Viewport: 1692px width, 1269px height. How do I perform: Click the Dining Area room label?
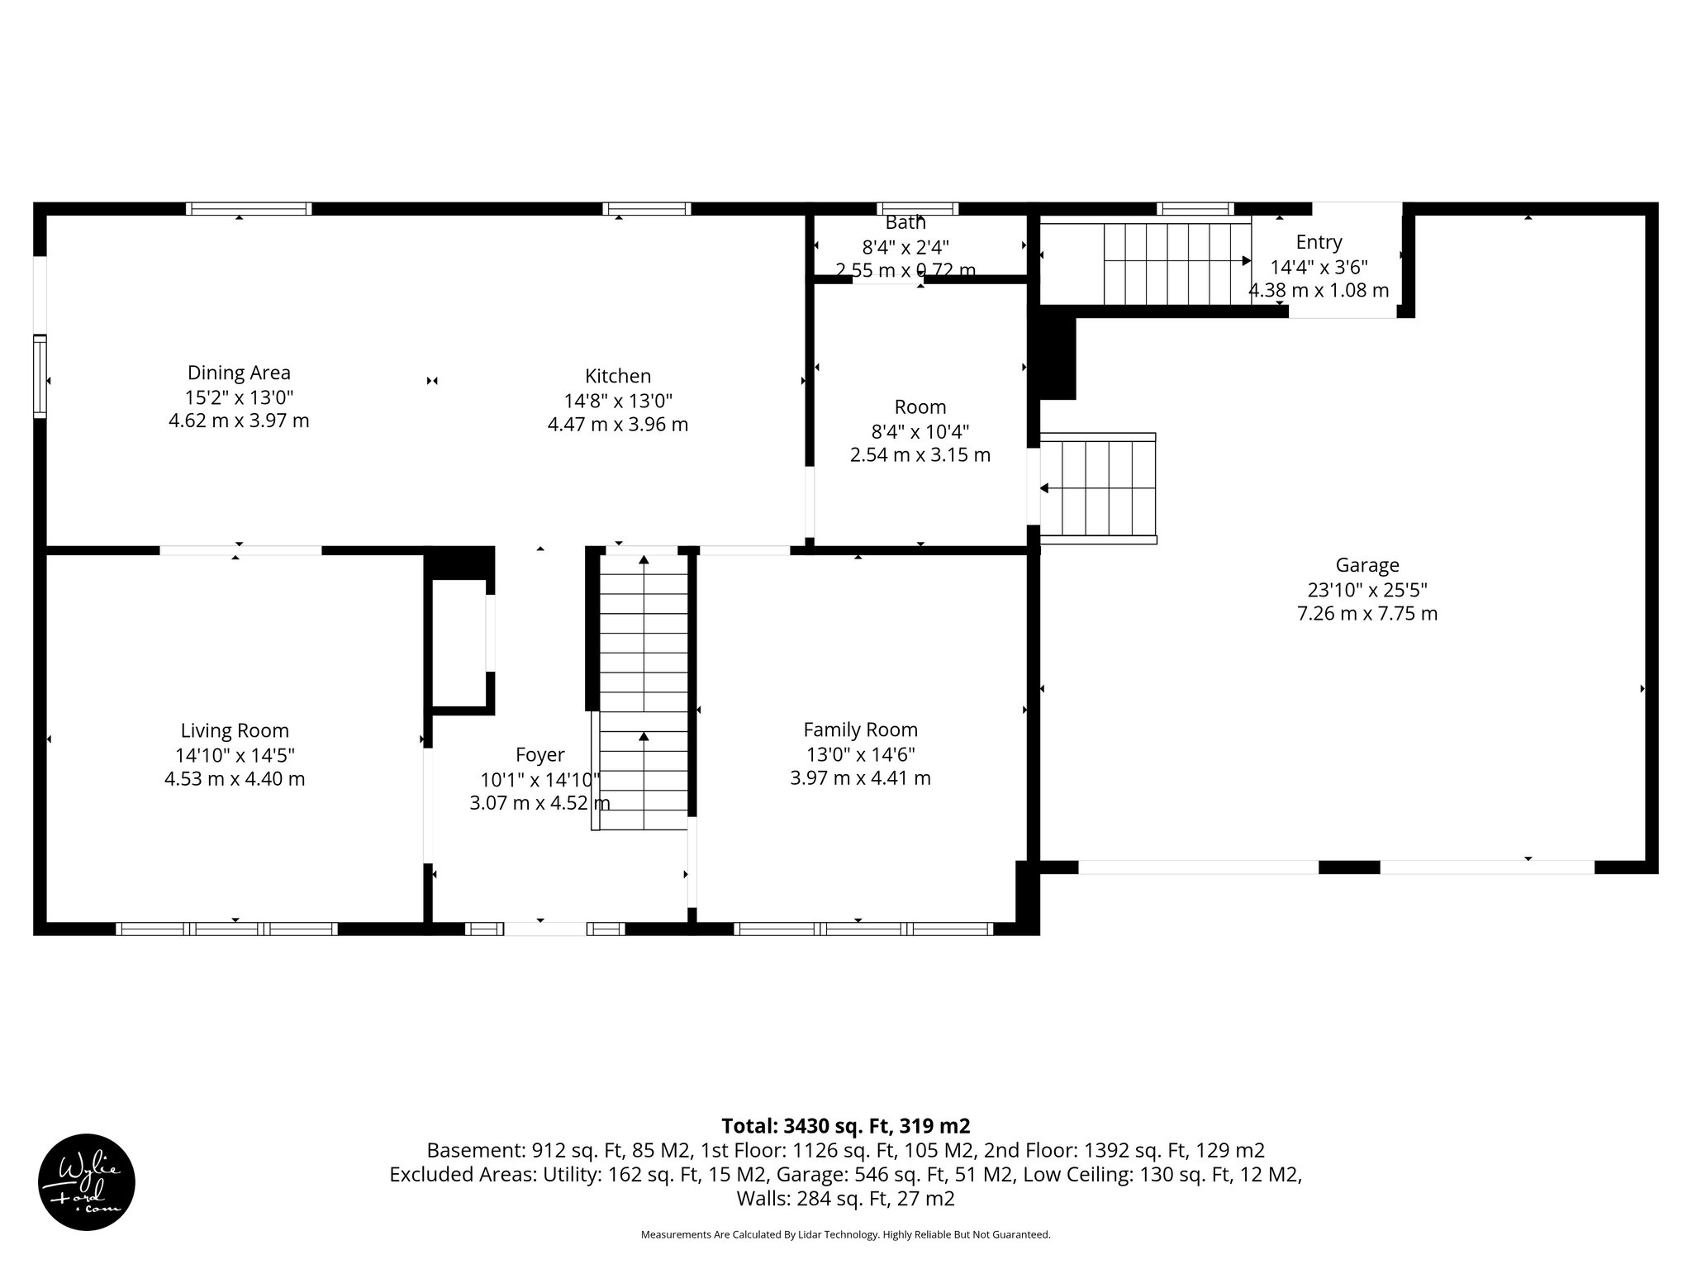[239, 373]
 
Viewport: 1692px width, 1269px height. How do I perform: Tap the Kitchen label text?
[618, 376]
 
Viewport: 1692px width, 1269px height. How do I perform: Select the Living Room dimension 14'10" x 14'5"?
[235, 755]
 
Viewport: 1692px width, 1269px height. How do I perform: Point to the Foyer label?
[539, 754]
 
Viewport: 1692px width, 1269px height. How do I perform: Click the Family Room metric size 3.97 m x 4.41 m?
[860, 778]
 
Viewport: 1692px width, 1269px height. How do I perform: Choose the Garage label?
[1367, 565]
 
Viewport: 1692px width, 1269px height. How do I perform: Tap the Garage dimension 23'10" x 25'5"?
[1367, 590]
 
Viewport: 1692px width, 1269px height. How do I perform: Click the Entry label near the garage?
[1319, 242]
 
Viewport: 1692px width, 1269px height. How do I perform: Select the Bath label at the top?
[905, 223]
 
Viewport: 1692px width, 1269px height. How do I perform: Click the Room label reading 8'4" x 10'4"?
[920, 431]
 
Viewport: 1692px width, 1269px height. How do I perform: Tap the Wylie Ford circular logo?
[87, 1182]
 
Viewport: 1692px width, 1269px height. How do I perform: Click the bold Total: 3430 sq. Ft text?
[845, 1126]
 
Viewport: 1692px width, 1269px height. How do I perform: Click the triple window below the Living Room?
[226, 929]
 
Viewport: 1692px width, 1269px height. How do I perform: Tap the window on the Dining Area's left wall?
[40, 376]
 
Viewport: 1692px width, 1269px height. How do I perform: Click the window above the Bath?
[917, 208]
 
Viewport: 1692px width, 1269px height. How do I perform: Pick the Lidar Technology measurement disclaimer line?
[845, 1234]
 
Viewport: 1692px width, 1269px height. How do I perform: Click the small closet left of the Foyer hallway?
[459, 642]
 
